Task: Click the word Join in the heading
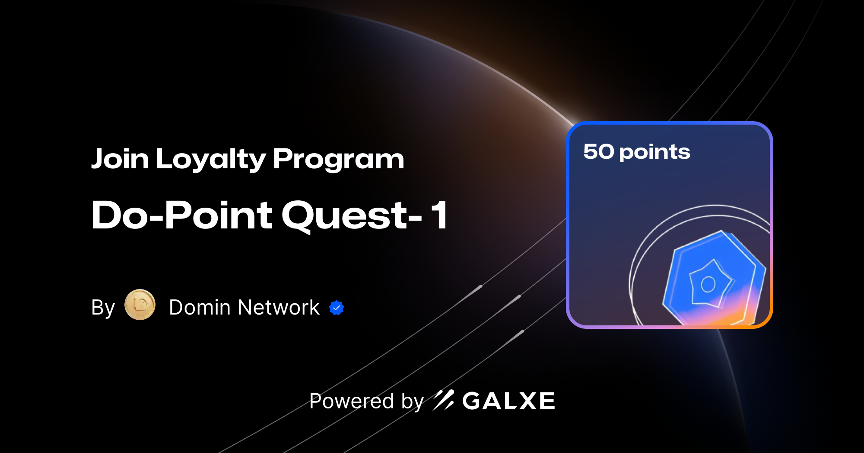[x=120, y=159]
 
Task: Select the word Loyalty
[x=211, y=160]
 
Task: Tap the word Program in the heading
[x=338, y=160]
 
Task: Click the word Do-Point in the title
[x=182, y=215]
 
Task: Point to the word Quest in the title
[x=346, y=215]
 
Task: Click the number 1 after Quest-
[x=440, y=215]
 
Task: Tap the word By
[x=103, y=308]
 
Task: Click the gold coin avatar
[x=140, y=305]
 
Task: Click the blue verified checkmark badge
[x=337, y=308]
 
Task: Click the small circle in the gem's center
[x=708, y=284]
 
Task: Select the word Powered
[x=352, y=401]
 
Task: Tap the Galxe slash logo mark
[x=443, y=400]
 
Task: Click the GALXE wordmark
[x=508, y=401]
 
